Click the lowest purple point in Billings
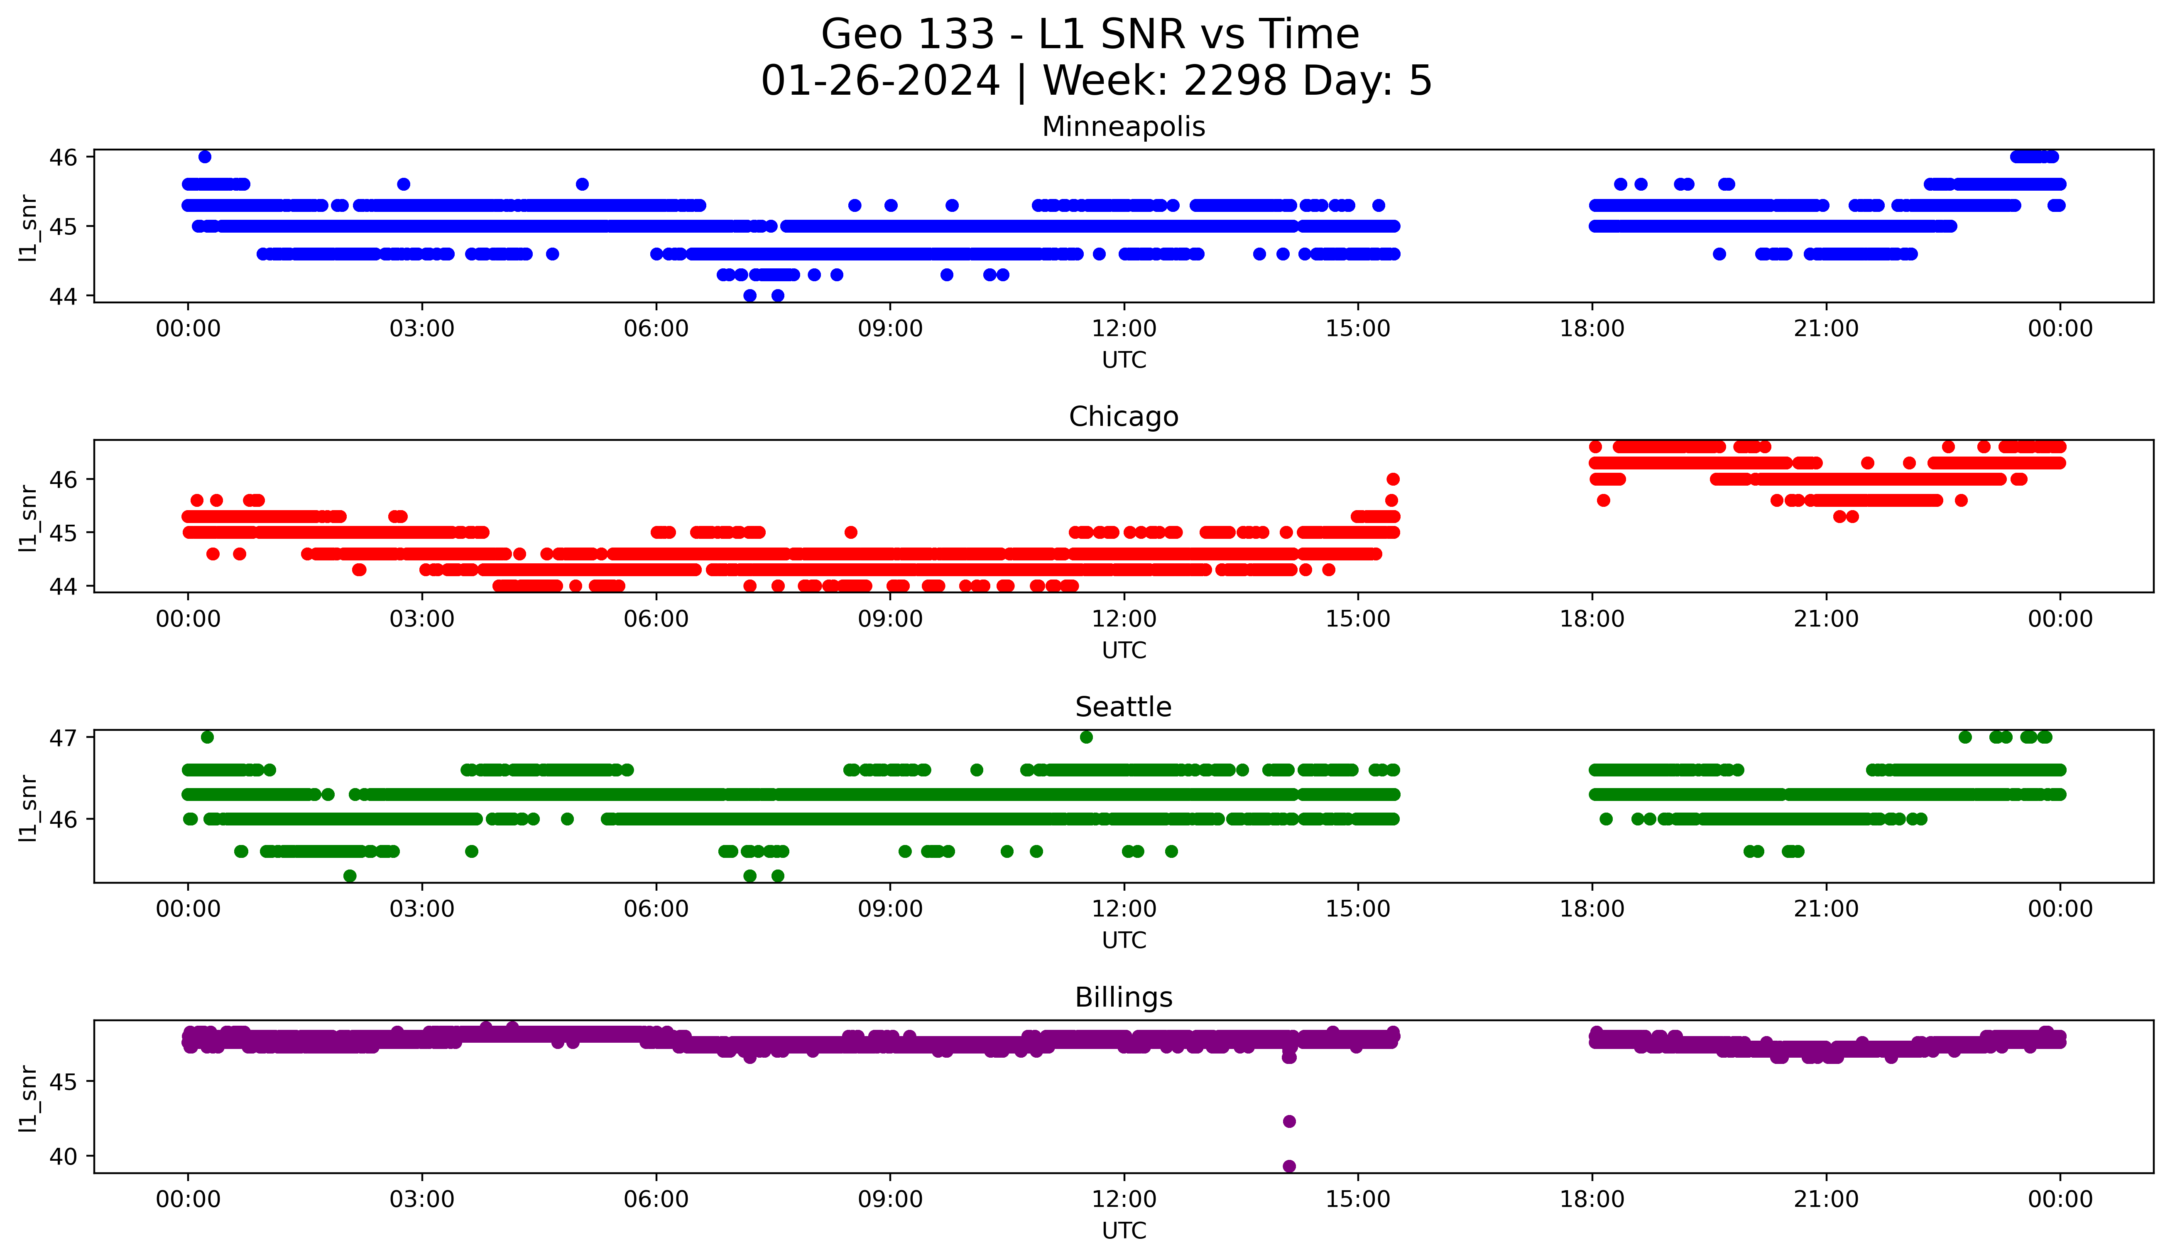click(1289, 1166)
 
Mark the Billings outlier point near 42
click(1289, 1121)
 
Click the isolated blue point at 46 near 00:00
click(204, 157)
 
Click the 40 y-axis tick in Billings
click(63, 1157)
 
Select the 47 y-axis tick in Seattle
click(63, 737)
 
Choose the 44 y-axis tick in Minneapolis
click(63, 296)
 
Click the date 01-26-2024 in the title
click(880, 81)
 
